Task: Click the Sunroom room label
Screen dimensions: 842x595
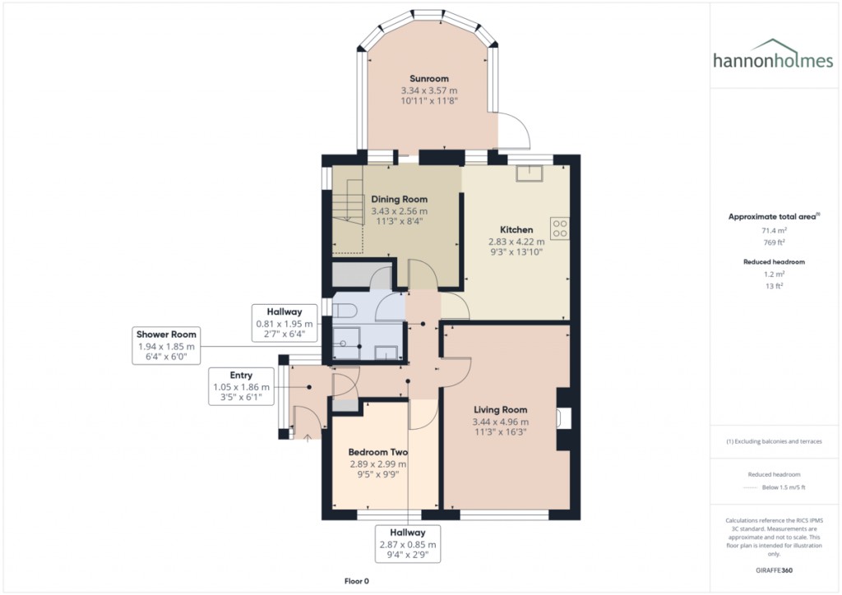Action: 429,78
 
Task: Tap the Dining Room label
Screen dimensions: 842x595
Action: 399,199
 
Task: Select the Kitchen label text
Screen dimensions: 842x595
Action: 516,229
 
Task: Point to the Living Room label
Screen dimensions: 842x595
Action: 501,410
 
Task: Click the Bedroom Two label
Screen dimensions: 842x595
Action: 378,452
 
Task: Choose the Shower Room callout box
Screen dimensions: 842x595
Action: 166,345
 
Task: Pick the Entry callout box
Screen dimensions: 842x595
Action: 241,386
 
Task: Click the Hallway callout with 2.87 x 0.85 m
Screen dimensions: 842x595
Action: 408,543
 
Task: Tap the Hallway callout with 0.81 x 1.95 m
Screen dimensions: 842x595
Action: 285,323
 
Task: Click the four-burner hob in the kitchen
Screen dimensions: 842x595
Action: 559,228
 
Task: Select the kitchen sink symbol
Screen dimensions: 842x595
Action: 530,173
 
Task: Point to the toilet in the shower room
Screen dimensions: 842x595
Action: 345,310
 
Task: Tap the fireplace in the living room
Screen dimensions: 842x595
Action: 564,418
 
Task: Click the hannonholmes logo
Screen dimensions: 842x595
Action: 773,55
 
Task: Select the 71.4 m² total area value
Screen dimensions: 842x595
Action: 774,230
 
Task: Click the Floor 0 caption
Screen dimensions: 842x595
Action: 357,581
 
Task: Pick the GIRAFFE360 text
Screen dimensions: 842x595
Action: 774,570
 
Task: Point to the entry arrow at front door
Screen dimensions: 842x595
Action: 308,438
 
